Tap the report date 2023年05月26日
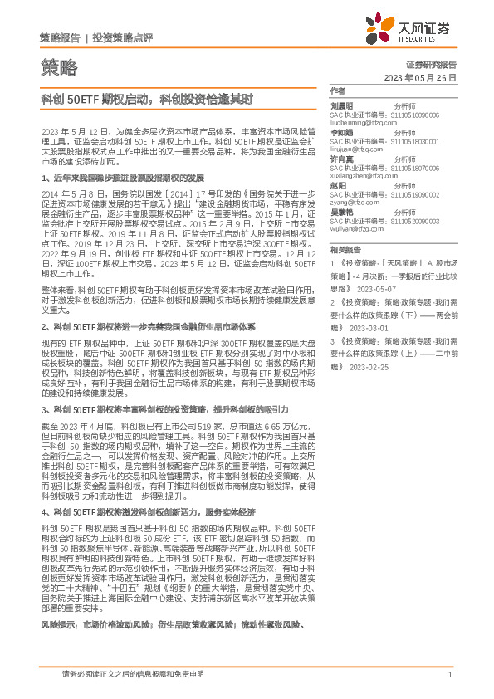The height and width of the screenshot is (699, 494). tap(421, 77)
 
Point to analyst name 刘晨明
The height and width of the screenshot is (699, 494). tap(342, 106)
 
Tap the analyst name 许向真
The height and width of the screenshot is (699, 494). tap(342, 158)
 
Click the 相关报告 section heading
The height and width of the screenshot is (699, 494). tap(345, 249)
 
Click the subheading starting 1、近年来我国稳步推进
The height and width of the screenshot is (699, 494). tap(123, 178)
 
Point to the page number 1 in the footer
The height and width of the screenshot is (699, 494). tap(449, 675)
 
